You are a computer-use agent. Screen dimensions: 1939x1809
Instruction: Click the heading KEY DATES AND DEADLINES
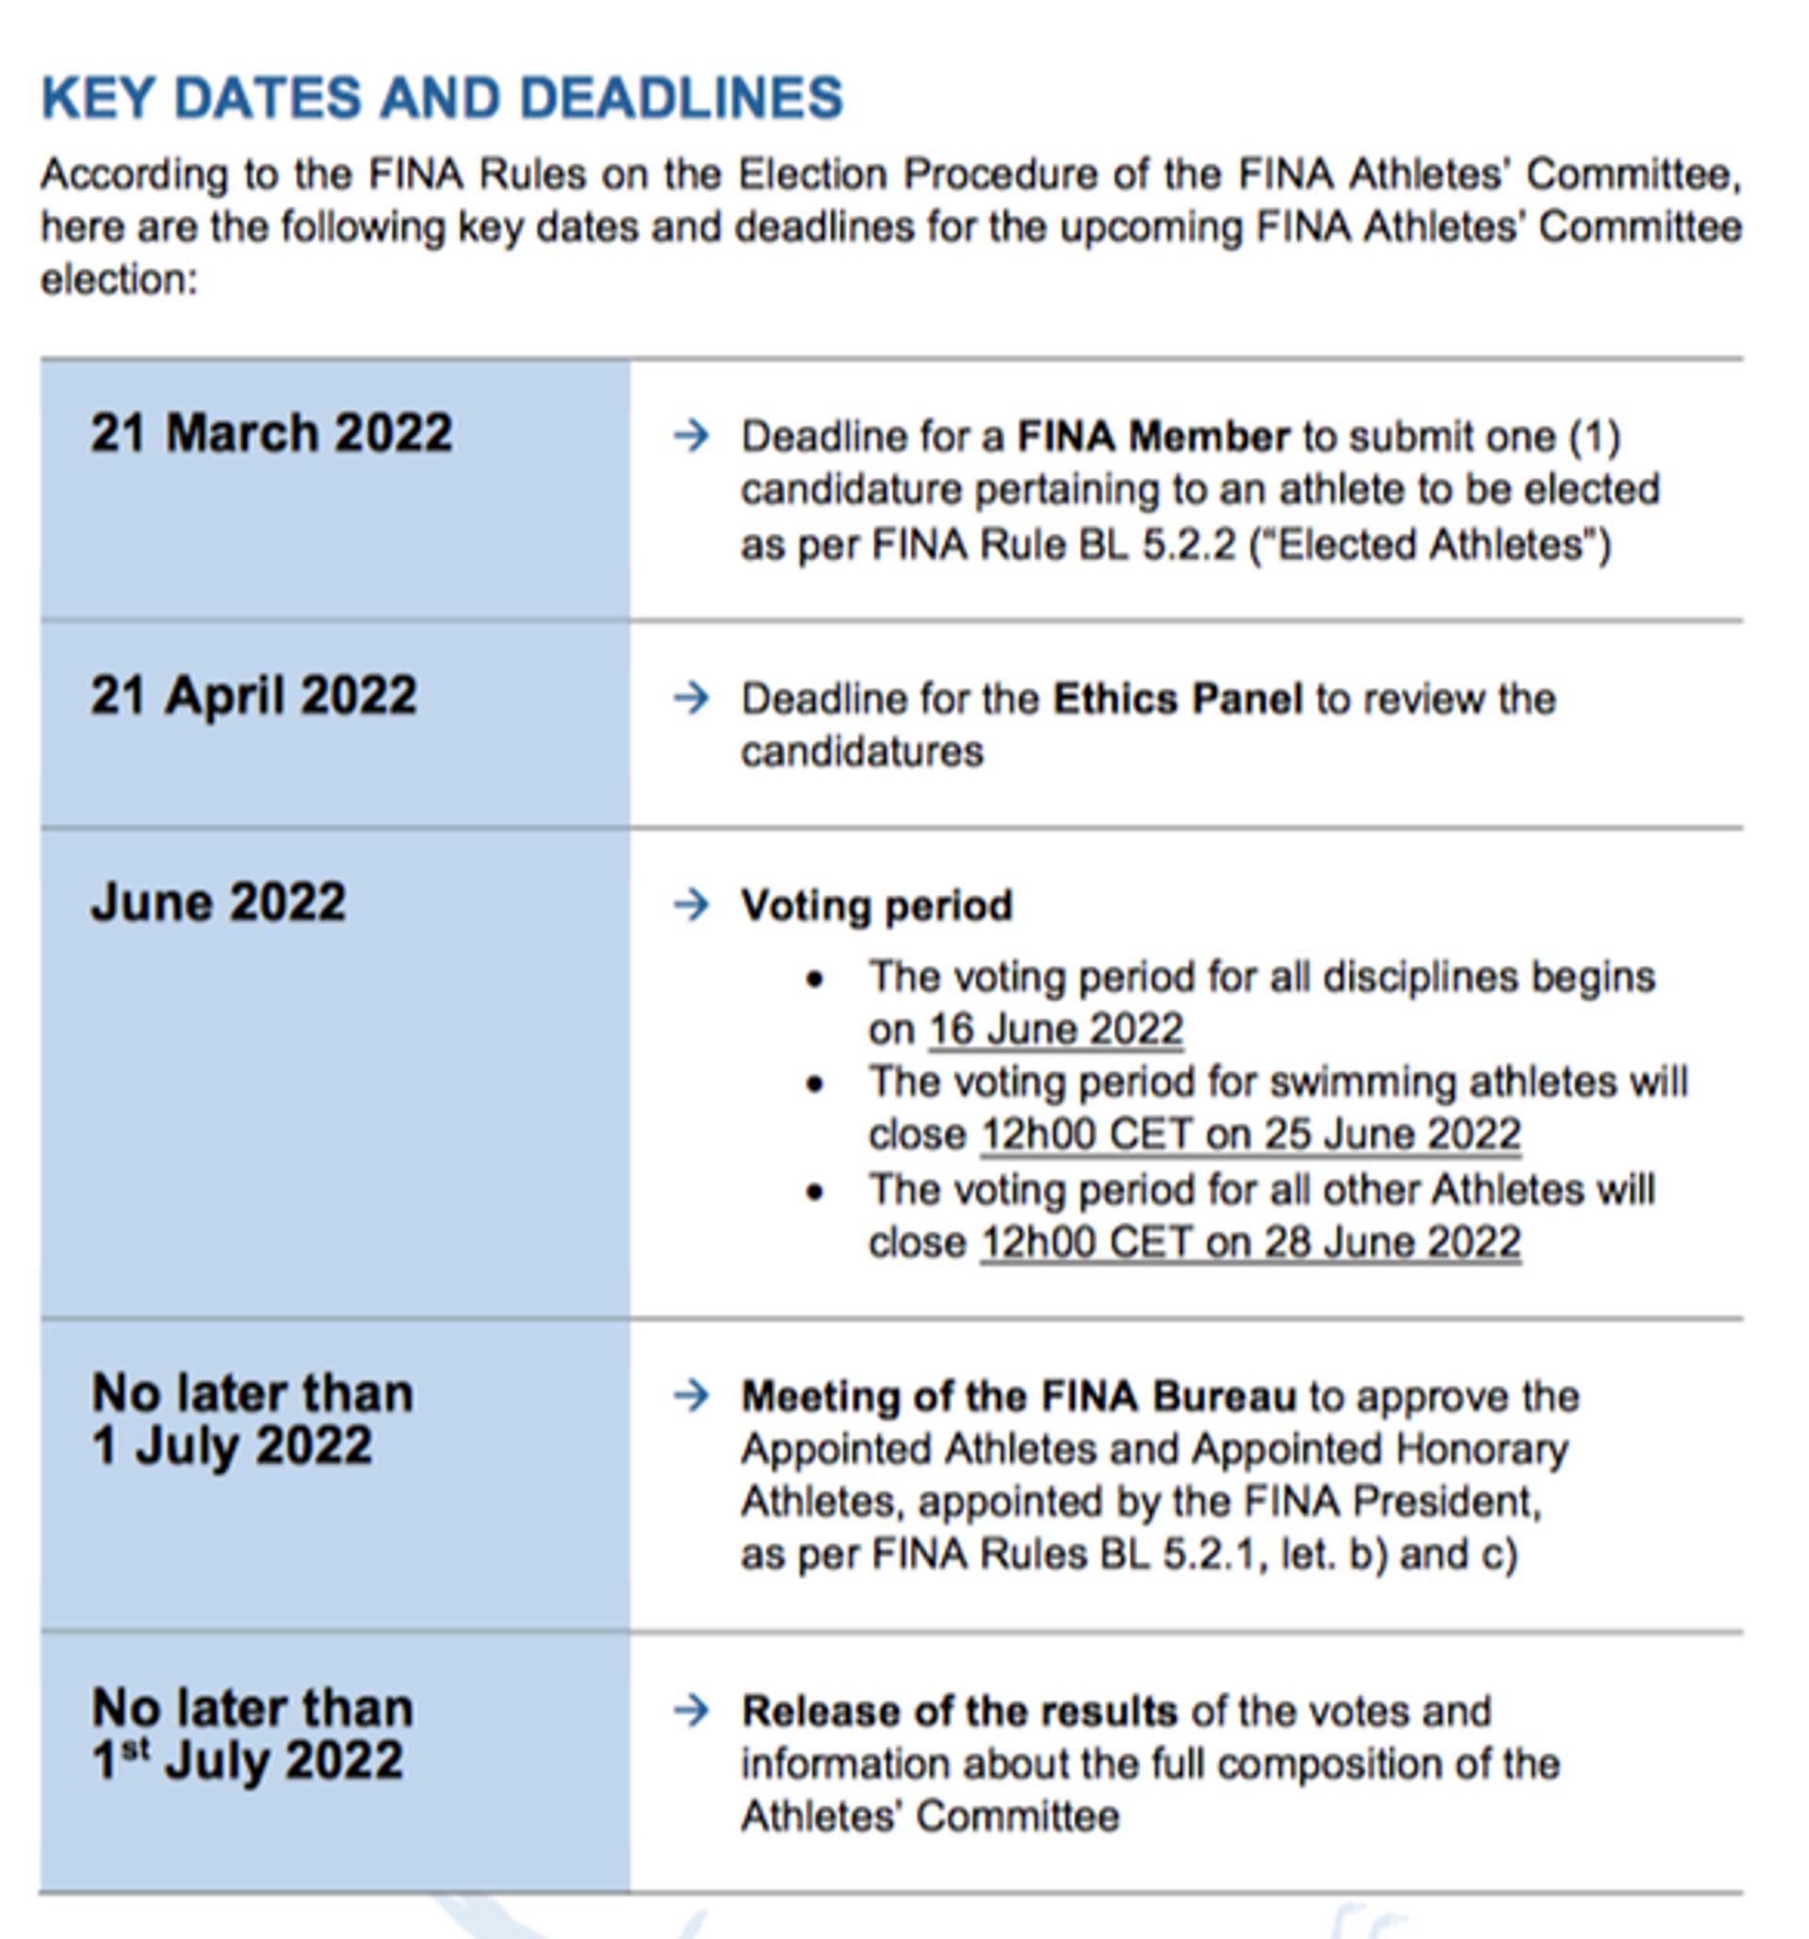click(442, 99)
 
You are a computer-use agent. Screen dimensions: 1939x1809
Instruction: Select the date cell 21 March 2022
click(271, 433)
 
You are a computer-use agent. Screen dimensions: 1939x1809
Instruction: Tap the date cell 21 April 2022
click(253, 696)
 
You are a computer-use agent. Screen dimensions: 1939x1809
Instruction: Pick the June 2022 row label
click(219, 903)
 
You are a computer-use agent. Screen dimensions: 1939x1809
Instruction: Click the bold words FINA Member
click(1152, 437)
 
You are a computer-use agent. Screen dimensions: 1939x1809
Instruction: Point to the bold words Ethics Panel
click(1177, 699)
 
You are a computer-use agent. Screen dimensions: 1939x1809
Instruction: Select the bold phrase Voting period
click(877, 906)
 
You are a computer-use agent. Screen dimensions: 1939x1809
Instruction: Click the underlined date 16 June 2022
click(1055, 1030)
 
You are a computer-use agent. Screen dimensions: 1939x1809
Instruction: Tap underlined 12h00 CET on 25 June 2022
click(1250, 1134)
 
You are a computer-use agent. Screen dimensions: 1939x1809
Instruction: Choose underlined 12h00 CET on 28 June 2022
click(1250, 1243)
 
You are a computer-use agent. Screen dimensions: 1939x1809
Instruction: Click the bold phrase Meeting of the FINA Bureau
click(1019, 1396)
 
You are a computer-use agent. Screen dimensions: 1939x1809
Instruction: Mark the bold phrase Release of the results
click(959, 1712)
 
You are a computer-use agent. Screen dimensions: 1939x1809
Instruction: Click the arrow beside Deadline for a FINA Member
click(692, 435)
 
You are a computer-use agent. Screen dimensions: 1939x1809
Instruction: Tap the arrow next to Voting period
click(692, 905)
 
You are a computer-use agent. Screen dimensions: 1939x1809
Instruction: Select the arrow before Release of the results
click(692, 1710)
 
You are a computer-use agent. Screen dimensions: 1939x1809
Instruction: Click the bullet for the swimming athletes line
click(815, 1084)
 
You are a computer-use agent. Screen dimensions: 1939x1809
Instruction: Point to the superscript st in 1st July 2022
click(137, 1749)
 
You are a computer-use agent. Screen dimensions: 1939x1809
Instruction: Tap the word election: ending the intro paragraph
click(119, 281)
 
